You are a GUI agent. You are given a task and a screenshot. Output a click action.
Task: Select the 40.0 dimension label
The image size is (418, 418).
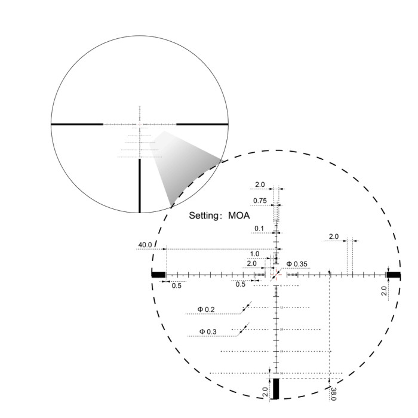(145, 245)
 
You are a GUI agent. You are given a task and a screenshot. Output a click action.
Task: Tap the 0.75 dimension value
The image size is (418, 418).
(260, 200)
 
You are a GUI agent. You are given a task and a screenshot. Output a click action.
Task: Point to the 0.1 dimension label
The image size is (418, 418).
(259, 228)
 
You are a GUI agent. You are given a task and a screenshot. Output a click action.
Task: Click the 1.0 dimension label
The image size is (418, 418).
(254, 254)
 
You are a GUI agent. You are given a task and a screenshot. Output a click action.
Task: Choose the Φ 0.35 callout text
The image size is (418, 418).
(297, 263)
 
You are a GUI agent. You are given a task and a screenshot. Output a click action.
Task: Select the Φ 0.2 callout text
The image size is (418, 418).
(206, 309)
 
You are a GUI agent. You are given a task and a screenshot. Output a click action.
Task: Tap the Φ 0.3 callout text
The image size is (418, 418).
(208, 331)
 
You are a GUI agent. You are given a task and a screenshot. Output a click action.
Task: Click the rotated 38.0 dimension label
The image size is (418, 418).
(333, 394)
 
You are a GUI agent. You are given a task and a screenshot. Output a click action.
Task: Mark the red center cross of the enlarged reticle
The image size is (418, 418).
(276, 275)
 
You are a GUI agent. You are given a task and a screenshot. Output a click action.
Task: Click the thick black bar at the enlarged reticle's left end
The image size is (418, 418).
(159, 275)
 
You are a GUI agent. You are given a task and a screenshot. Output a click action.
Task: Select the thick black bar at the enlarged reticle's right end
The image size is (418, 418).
(394, 275)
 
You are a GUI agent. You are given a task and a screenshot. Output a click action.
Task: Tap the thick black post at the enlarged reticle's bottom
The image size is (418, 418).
(276, 389)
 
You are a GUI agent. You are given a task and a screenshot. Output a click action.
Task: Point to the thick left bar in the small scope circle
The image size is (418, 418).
(78, 124)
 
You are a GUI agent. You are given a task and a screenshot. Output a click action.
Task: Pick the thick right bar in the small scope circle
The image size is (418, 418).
(203, 124)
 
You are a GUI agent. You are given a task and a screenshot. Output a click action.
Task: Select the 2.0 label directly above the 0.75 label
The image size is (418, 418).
(260, 184)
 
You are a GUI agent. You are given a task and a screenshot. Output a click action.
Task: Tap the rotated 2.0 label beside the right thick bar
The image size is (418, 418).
(384, 291)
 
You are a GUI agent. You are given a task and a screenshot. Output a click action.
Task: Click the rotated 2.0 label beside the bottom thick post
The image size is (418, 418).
(265, 392)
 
